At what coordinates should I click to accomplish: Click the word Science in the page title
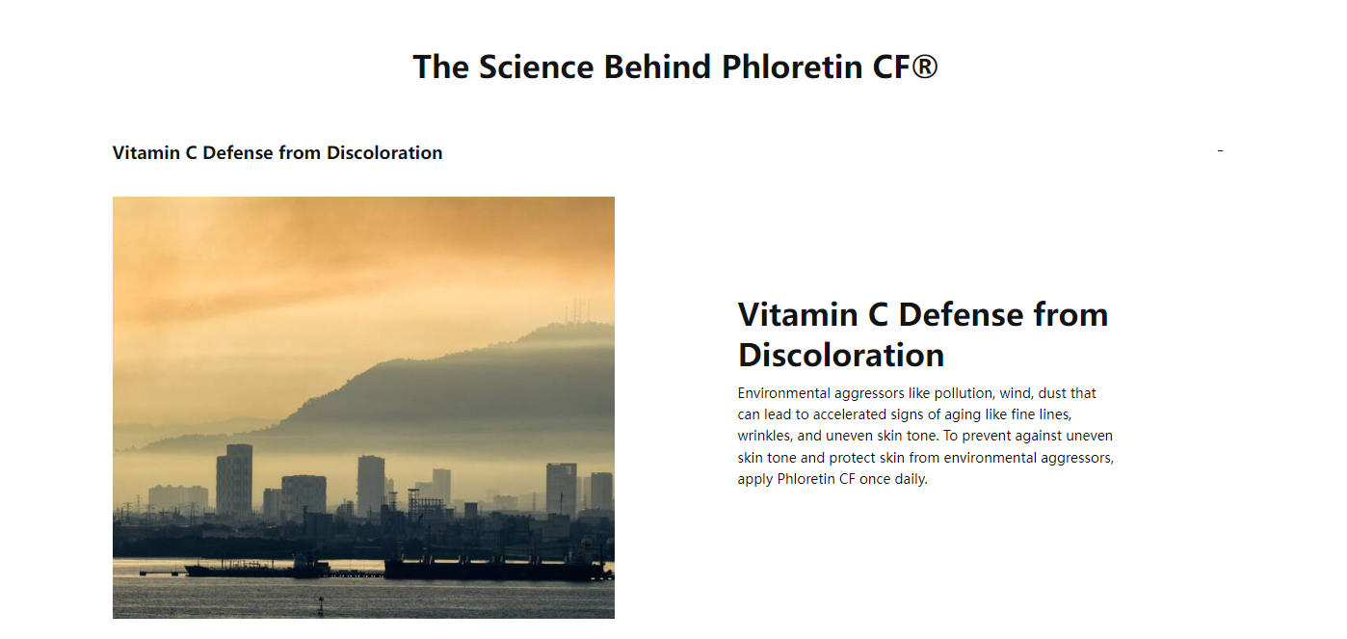[x=537, y=67]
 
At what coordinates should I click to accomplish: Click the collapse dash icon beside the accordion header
[x=1220, y=150]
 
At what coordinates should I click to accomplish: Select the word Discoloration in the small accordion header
[x=384, y=153]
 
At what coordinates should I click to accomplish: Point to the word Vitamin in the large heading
[x=798, y=315]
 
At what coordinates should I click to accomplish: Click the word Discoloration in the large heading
[x=841, y=355]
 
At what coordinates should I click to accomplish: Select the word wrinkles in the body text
[x=765, y=436]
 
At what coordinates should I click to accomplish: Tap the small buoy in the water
[x=321, y=606]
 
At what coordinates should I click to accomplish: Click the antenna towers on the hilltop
[x=576, y=308]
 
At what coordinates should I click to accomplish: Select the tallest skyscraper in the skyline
[x=234, y=480]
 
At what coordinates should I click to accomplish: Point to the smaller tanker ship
[x=257, y=568]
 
